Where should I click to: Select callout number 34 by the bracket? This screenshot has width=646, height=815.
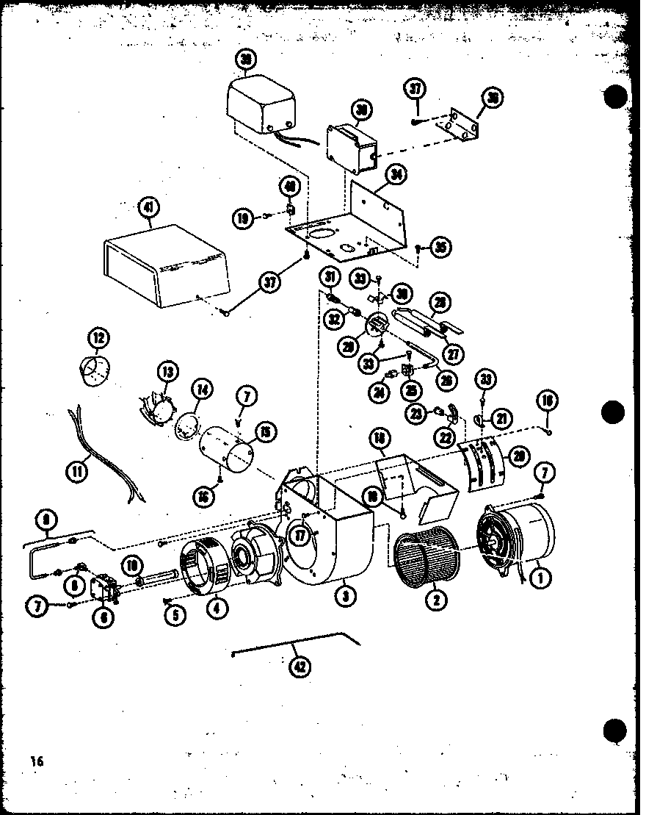pyautogui.click(x=396, y=175)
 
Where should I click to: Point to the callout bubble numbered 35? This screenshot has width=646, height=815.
pyautogui.click(x=440, y=247)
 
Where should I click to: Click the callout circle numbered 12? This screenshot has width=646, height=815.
pyautogui.click(x=97, y=340)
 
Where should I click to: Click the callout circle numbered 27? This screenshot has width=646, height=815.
pyautogui.click(x=454, y=353)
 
